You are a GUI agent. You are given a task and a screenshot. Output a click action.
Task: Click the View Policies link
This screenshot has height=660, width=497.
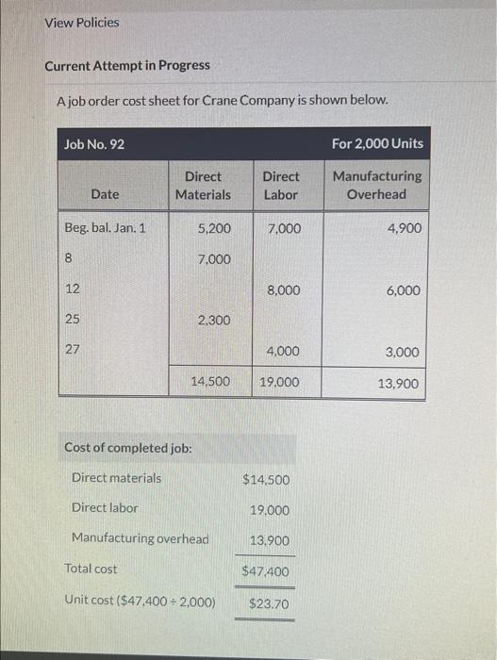coord(82,22)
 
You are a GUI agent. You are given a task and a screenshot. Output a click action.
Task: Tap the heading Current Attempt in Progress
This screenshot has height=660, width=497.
coord(127,65)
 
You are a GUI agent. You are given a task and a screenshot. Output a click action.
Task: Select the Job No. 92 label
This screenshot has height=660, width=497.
coord(94,144)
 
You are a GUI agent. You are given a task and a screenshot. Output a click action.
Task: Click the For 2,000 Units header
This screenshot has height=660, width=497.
coord(377,144)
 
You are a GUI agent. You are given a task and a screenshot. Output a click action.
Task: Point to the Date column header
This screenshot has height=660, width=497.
coord(106,194)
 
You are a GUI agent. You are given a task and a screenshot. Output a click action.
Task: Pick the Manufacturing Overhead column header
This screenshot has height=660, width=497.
coord(377,185)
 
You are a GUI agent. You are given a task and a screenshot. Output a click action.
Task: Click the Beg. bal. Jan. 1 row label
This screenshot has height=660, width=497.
coord(105,228)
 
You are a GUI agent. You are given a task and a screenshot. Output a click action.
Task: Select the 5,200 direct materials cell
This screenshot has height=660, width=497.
coord(213,228)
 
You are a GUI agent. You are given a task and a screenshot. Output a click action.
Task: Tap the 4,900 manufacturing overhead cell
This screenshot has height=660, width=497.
coord(404,228)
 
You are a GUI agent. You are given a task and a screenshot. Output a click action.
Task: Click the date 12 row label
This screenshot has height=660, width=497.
coord(72,289)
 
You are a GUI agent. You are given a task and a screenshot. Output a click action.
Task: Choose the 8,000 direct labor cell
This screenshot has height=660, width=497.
coord(283,290)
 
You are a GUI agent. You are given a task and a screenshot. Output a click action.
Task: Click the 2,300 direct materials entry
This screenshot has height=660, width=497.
coord(213,321)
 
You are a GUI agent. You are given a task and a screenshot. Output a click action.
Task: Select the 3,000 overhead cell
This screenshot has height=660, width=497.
coord(404,352)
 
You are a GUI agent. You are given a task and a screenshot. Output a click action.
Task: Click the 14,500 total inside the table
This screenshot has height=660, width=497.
coord(209,382)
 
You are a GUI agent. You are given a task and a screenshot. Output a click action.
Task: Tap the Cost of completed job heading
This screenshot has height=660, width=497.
coord(128,447)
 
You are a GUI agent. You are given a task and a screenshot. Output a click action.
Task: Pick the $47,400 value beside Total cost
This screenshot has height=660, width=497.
coord(266,571)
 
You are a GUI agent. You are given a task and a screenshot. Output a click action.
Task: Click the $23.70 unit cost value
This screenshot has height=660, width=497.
coord(269,603)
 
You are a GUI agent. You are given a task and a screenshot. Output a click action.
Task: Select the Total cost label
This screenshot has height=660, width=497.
coord(91,569)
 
